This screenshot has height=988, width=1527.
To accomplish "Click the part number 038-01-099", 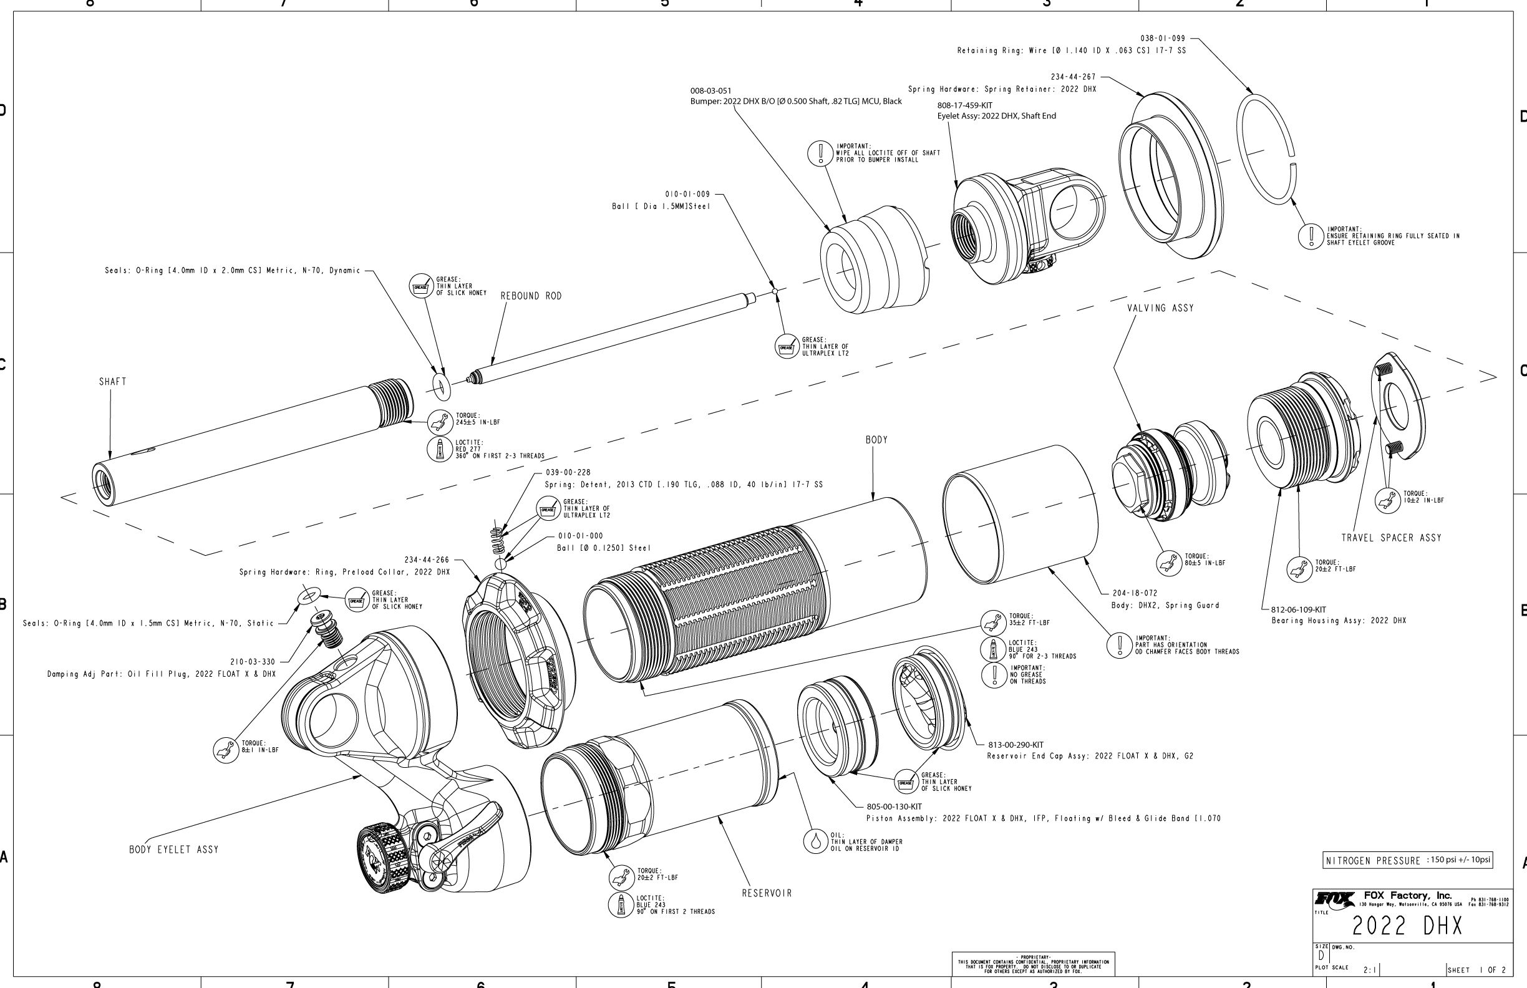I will (x=1163, y=39).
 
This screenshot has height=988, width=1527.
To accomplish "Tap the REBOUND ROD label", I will (x=531, y=296).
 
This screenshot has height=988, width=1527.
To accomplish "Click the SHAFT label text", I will (x=112, y=382).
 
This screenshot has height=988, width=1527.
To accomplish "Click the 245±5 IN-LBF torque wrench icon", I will (x=441, y=422).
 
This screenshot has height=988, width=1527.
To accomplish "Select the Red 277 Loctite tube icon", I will (x=440, y=448).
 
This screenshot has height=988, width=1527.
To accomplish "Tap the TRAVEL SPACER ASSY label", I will (x=1391, y=538).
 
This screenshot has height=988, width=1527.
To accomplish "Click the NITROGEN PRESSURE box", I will (x=1408, y=860).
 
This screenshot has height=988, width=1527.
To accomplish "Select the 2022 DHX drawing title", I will (x=1407, y=926).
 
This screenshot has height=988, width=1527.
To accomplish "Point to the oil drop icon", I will (x=815, y=841).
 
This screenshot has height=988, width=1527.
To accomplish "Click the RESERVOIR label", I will (x=767, y=893).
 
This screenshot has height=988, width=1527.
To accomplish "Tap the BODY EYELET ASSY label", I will (x=174, y=850).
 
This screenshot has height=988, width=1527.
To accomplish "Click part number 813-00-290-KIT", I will (x=1016, y=745).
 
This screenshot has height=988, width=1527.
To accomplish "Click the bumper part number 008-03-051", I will (x=710, y=91).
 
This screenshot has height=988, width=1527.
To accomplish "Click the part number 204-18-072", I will (x=1135, y=593).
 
